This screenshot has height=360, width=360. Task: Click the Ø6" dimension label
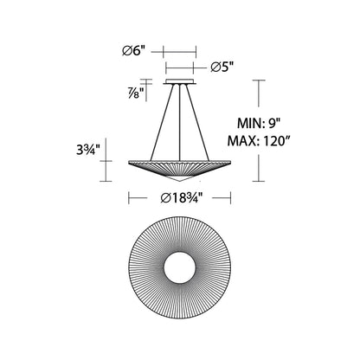click(133, 51)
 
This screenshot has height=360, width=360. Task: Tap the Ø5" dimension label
click(222, 67)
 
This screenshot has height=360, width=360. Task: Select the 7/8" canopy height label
click(137, 93)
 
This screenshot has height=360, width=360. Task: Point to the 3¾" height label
click(88, 150)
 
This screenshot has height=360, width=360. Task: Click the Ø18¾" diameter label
click(181, 198)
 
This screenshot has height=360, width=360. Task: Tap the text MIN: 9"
click(259, 124)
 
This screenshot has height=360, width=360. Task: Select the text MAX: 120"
click(259, 141)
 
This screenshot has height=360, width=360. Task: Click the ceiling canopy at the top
click(180, 82)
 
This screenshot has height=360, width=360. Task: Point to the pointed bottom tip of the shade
click(180, 182)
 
